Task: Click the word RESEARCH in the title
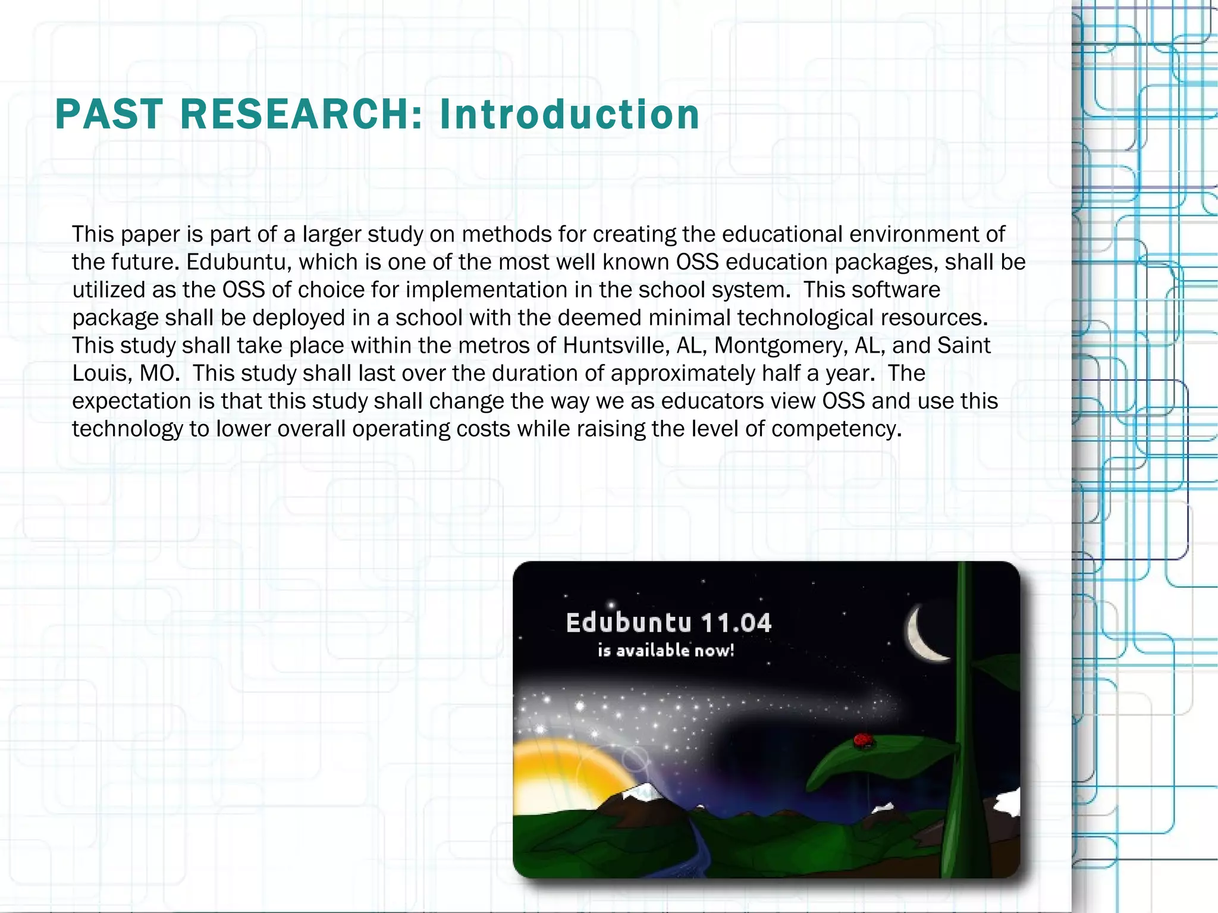[301, 114]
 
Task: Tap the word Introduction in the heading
[569, 114]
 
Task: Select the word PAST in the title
[109, 114]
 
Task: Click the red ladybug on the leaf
[862, 740]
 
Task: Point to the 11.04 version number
[736, 623]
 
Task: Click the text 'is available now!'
[665, 650]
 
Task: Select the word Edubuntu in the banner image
[629, 623]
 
